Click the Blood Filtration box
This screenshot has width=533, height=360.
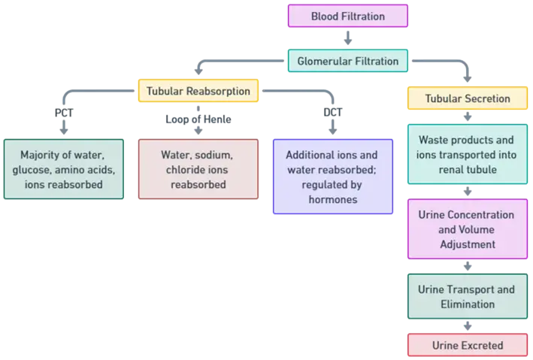(348, 16)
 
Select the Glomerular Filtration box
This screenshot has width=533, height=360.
(347, 60)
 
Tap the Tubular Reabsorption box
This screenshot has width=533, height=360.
(198, 92)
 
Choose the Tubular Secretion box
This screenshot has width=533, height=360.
(467, 98)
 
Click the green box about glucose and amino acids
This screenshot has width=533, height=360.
(63, 169)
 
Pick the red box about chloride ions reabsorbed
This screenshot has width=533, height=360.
(197, 169)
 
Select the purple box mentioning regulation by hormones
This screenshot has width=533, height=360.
(332, 177)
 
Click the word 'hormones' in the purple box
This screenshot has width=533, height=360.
(332, 200)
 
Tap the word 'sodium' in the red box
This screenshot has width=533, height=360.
(215, 155)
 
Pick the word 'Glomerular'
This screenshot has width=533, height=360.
(323, 60)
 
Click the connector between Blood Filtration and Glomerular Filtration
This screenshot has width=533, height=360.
(348, 38)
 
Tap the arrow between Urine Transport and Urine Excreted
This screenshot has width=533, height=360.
(467, 325)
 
